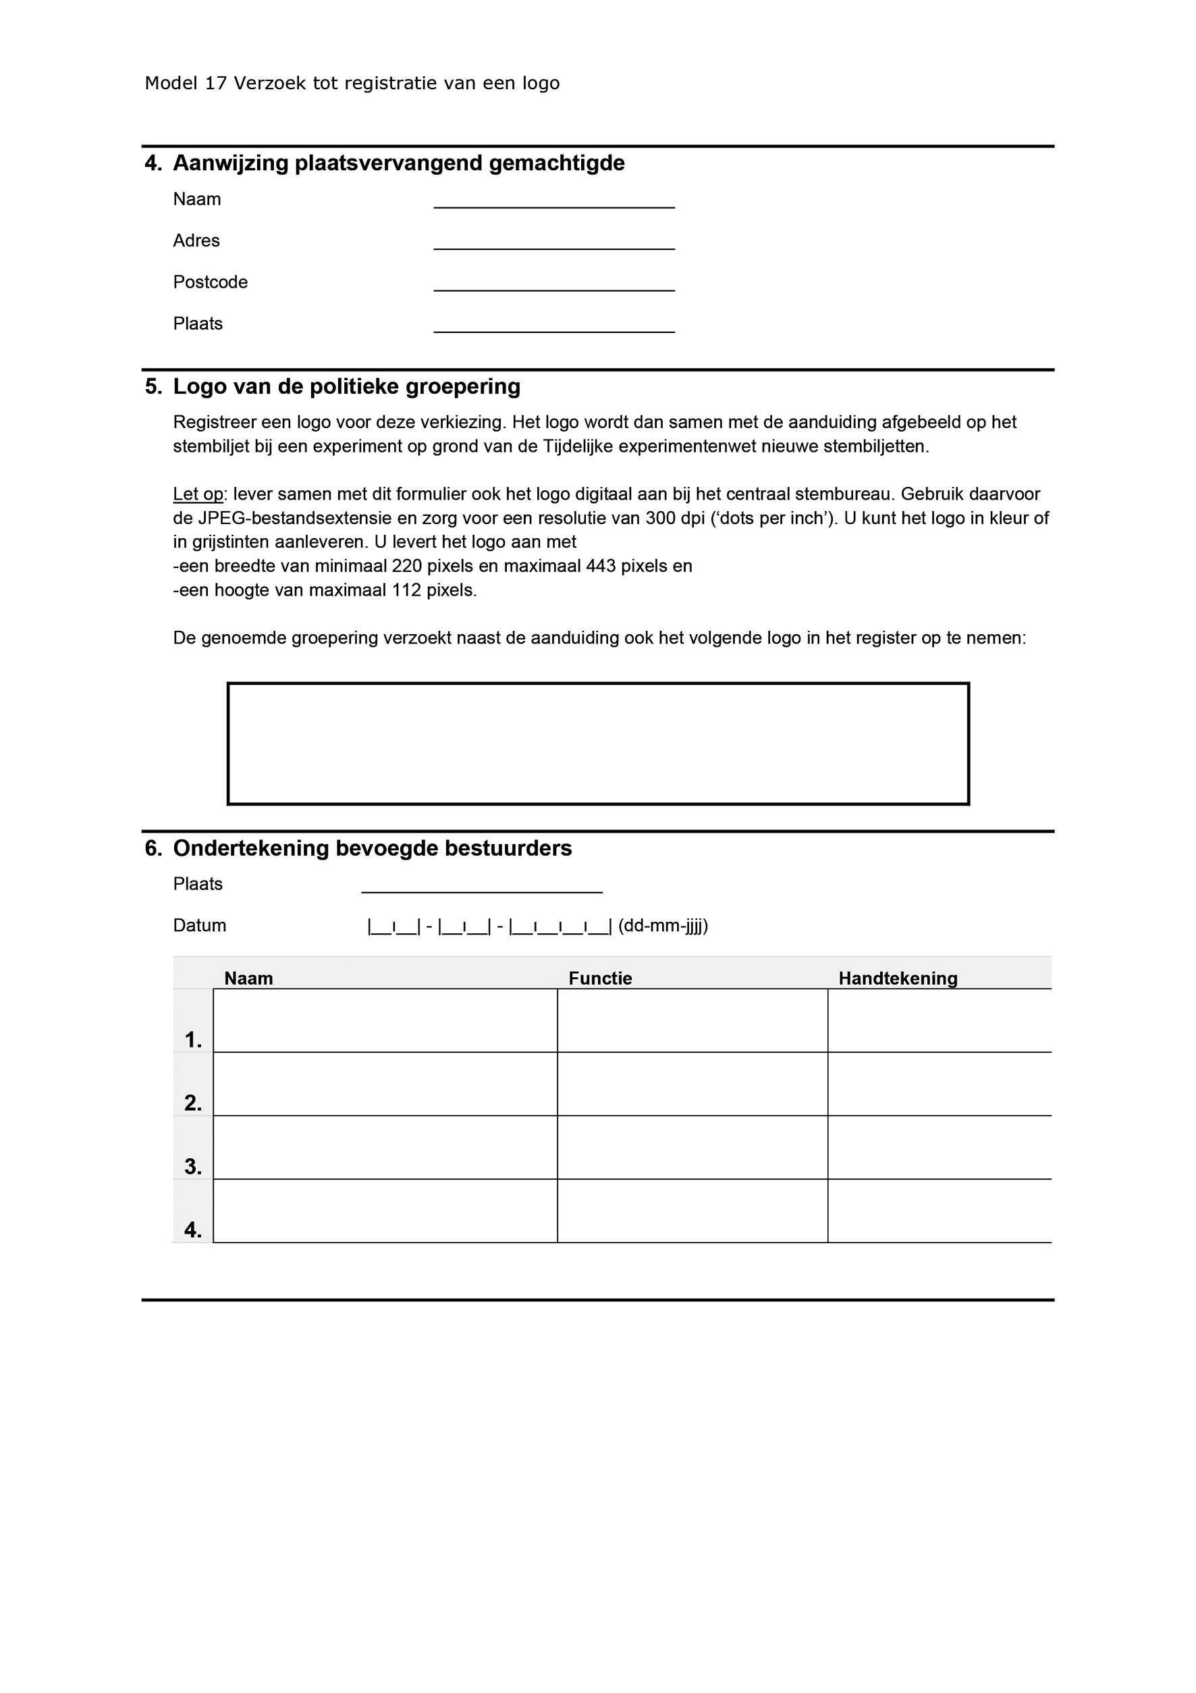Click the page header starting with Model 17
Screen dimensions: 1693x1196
[352, 83]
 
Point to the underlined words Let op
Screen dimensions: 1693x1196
[198, 494]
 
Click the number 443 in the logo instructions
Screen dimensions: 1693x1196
[601, 567]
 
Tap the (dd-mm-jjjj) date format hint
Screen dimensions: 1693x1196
[663, 925]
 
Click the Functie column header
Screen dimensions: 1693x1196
[600, 979]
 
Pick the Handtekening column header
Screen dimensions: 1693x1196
[898, 979]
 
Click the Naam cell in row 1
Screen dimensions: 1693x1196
[385, 1020]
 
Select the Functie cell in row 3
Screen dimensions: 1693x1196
[692, 1147]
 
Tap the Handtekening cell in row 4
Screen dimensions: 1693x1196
[939, 1211]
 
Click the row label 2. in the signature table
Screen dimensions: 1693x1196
[192, 1103]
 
